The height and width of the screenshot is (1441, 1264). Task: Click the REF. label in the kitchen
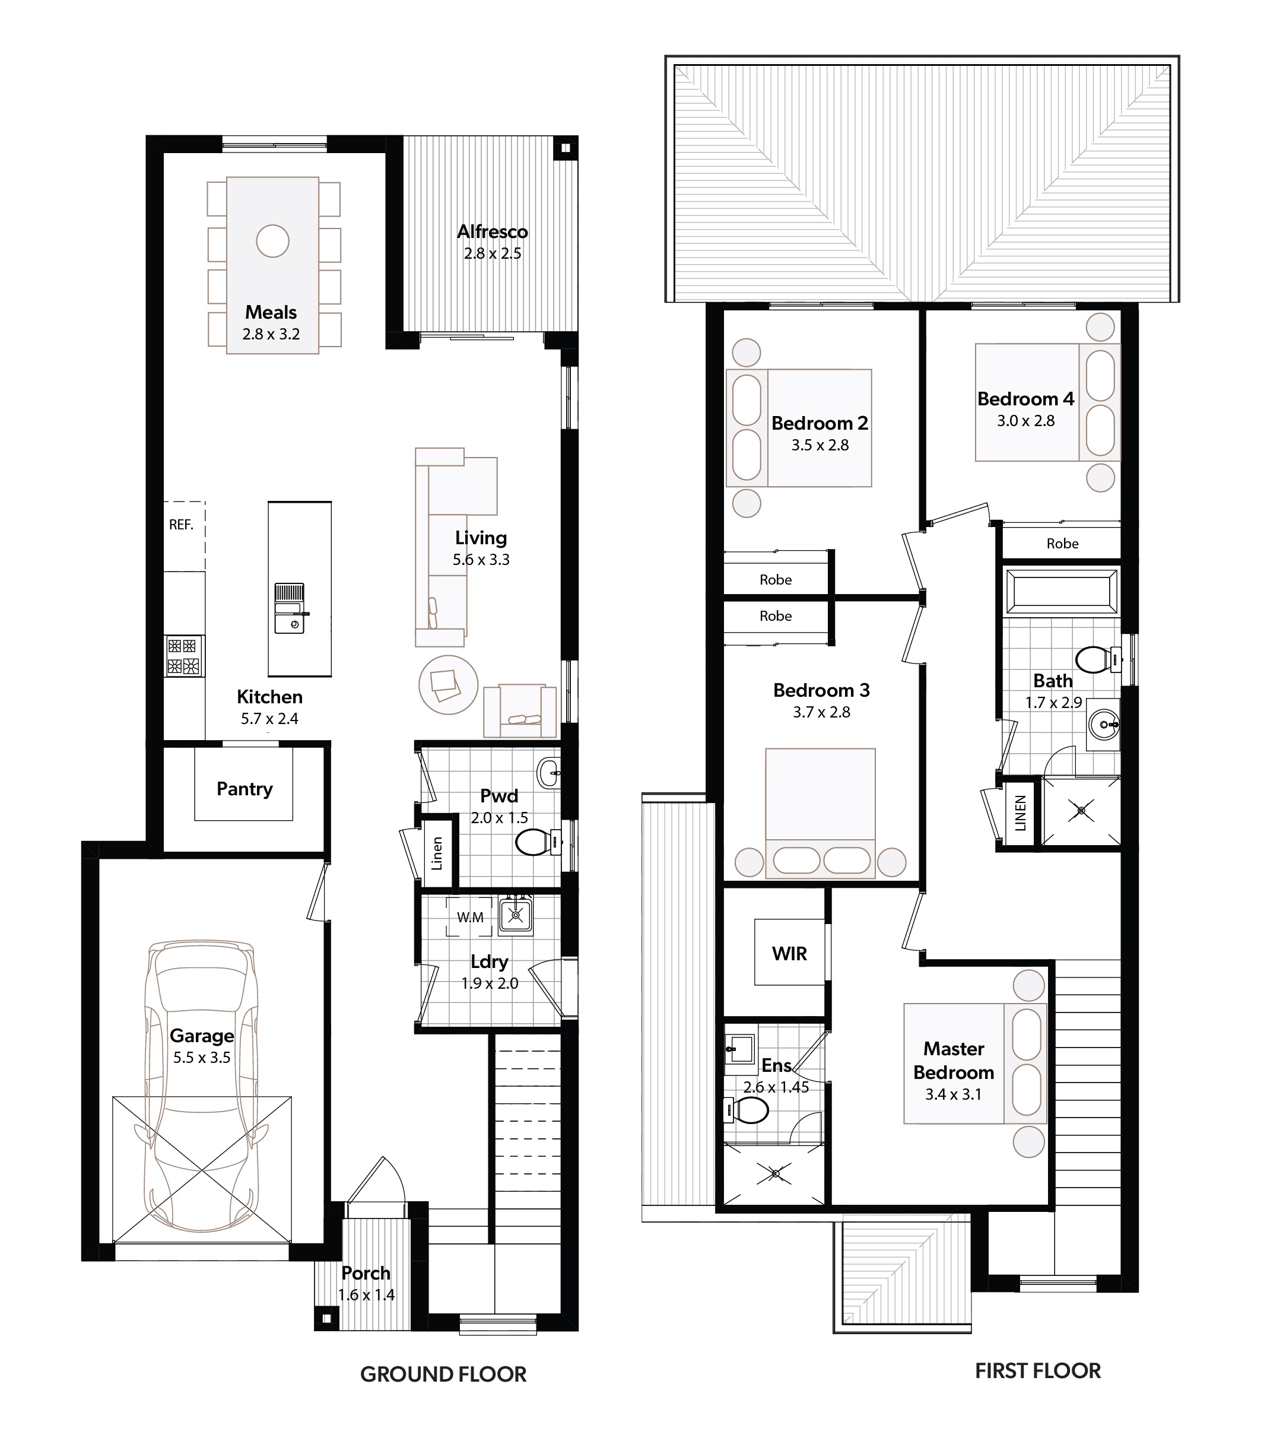click(x=181, y=525)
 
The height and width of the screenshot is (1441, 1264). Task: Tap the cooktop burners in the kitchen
click(x=184, y=656)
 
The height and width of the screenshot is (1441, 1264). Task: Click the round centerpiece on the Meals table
click(x=272, y=241)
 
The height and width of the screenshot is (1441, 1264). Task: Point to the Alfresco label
click(x=492, y=231)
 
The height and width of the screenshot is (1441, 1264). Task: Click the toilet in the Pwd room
click(x=538, y=842)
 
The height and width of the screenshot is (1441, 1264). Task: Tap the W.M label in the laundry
click(x=470, y=917)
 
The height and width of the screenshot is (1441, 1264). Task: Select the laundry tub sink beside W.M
click(x=516, y=915)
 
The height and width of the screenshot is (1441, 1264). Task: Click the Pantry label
click(x=244, y=789)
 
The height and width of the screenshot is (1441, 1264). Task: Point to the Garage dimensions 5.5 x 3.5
click(x=202, y=1058)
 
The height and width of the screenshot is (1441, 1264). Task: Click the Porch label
click(x=366, y=1272)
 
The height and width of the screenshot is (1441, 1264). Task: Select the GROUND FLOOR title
click(x=443, y=1374)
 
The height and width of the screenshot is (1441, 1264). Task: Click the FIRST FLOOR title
click(x=1038, y=1370)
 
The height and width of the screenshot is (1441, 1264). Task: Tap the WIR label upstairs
click(x=790, y=953)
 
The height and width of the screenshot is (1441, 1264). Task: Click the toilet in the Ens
click(x=745, y=1112)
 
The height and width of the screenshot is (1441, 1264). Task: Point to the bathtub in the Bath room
click(x=1062, y=592)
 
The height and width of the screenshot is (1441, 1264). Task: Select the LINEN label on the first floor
click(x=1020, y=813)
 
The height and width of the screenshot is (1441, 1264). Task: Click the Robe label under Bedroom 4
click(x=1062, y=544)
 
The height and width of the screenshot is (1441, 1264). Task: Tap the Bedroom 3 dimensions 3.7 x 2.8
click(x=821, y=712)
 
